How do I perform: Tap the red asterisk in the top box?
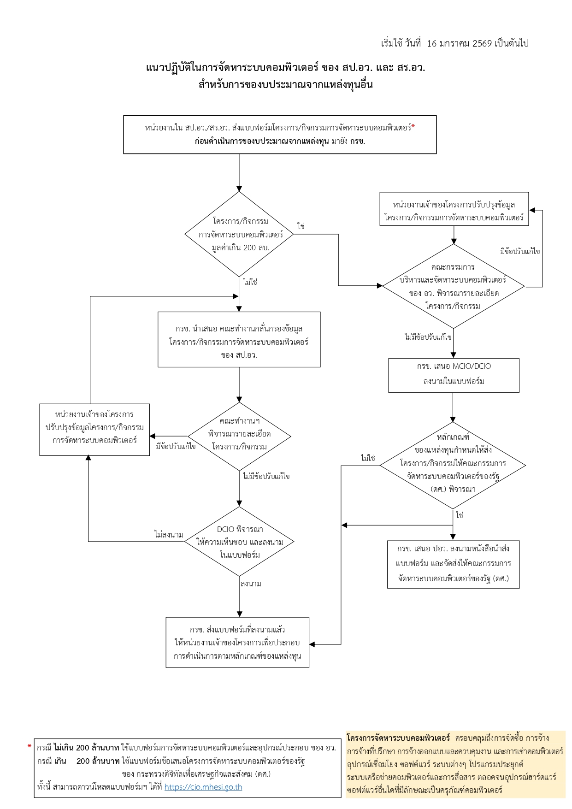pos(413,127)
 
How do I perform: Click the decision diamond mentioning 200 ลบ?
pos(240,234)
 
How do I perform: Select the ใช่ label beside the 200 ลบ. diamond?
pos(301,226)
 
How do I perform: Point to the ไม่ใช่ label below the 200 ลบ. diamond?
pos(250,282)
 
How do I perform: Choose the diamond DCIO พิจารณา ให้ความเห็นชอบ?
pos(240,542)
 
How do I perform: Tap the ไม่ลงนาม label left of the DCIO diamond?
pos(169,535)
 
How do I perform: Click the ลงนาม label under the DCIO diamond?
pos(251,584)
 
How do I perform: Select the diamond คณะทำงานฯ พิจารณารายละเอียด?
pos(240,436)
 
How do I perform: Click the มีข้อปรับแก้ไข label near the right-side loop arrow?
pos(520,251)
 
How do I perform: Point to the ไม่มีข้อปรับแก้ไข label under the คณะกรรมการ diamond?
pos(428,337)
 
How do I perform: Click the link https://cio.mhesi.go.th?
pos(203,787)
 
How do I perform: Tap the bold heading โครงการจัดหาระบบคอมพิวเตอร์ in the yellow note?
pos(398,738)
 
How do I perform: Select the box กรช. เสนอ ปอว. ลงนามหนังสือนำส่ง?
pos(454,564)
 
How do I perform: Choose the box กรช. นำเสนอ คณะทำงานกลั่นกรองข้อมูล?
pos(239,340)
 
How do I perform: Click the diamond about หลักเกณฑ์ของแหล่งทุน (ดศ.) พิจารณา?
pos(453,465)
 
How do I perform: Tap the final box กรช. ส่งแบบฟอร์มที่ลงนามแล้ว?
pos(237,642)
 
